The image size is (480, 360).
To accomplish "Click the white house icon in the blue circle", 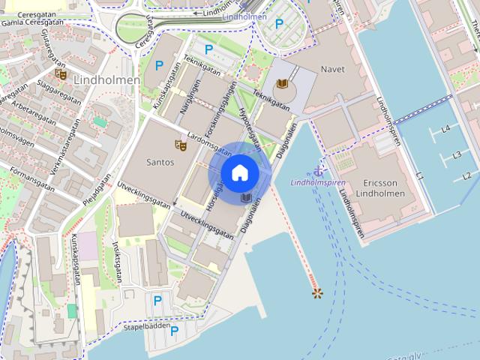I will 239,173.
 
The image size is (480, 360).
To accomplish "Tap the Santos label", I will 160,162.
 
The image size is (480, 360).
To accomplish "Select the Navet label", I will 333,69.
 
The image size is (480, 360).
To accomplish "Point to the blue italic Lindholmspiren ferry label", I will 318,182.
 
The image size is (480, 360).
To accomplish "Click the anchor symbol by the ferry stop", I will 319,169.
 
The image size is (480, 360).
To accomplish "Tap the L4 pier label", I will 445,129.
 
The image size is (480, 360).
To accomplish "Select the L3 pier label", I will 456,155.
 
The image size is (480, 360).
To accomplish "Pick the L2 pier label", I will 466,176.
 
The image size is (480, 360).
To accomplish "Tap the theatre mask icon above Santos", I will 180,144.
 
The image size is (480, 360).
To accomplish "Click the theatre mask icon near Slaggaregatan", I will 61,74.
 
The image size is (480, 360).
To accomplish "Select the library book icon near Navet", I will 282,84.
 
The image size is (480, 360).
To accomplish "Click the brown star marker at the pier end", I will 316,292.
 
